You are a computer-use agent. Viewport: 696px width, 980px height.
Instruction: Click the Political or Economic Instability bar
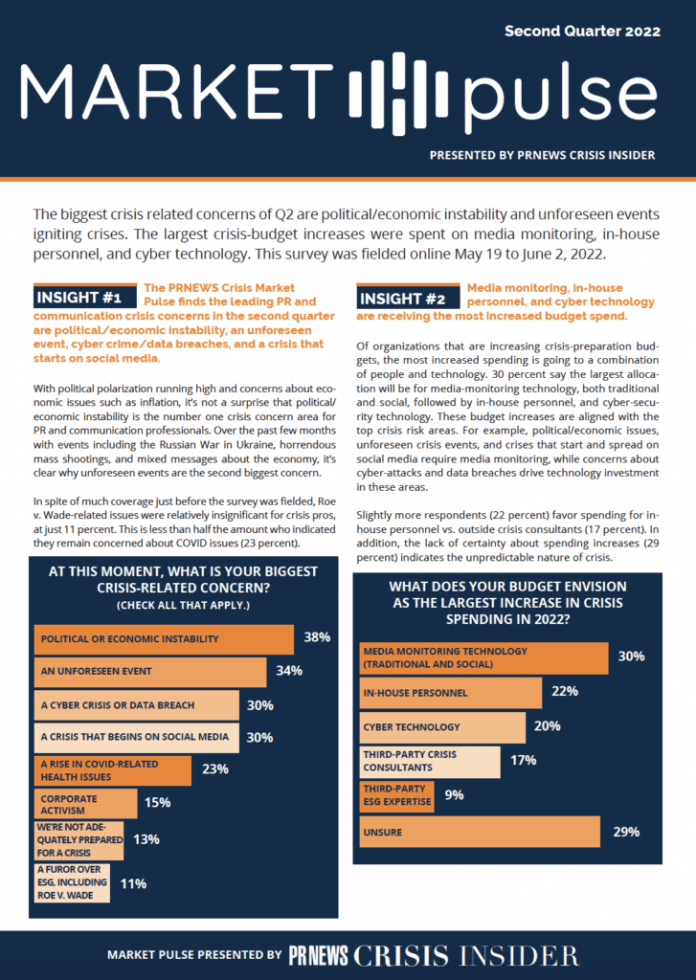(164, 639)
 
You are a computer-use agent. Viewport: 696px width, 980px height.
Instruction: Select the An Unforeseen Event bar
(150, 672)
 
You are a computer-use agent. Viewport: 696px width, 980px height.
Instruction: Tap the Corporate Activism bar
(85, 804)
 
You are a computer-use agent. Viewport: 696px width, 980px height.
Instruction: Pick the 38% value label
(317, 637)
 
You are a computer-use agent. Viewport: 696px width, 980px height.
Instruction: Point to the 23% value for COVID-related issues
(215, 769)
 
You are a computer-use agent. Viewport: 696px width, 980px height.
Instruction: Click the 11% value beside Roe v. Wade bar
(133, 883)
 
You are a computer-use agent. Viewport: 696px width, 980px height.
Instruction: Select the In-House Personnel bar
(450, 693)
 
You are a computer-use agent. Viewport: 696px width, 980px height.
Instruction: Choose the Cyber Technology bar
(442, 727)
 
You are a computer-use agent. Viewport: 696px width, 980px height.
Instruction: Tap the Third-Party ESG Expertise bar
(396, 795)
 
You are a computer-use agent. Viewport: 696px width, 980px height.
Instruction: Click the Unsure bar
(480, 832)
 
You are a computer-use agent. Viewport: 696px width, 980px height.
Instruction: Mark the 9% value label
(454, 795)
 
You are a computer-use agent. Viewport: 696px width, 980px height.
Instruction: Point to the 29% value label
(626, 832)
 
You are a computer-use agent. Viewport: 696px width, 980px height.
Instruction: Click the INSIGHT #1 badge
(85, 297)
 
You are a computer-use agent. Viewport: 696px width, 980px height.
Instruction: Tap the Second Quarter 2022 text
(582, 32)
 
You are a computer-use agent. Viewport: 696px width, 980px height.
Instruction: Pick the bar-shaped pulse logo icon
(398, 94)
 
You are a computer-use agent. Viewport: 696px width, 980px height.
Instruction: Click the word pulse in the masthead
(560, 94)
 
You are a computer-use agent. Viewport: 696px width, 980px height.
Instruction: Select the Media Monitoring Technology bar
(483, 658)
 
